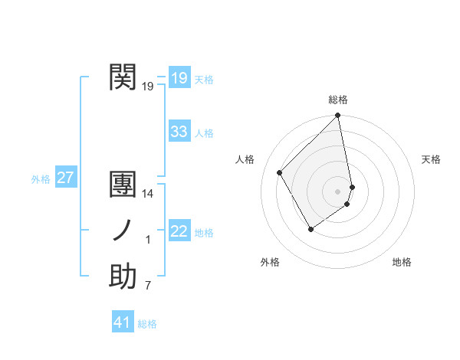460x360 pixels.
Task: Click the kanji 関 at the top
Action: point(123,77)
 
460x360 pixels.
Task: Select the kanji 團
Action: point(123,185)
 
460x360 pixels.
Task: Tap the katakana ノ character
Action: point(123,231)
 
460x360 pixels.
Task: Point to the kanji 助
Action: point(123,277)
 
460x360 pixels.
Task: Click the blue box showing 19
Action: point(179,77)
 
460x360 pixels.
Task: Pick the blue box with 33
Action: point(179,131)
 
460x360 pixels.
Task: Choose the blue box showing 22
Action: point(179,231)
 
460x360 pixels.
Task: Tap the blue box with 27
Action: point(65,178)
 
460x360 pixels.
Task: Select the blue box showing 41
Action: point(123,322)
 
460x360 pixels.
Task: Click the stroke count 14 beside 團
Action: point(149,195)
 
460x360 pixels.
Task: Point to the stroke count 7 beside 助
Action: point(148,286)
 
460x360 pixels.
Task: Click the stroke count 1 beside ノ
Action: point(148,241)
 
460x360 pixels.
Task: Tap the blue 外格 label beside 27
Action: point(41,179)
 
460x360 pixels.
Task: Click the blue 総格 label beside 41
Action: point(147,324)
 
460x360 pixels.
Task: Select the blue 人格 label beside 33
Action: point(204,133)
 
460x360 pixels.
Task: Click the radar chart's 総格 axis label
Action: point(338,100)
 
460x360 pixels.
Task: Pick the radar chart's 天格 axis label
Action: point(432,159)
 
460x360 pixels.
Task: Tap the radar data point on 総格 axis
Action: point(338,116)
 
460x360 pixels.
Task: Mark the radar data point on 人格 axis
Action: point(280,172)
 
